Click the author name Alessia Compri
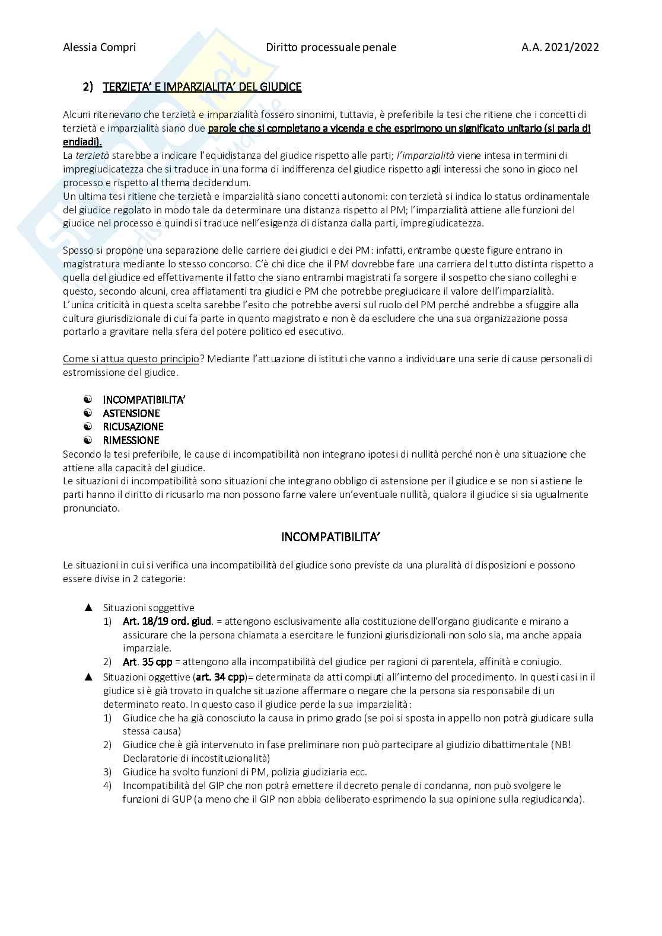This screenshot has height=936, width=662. [99, 47]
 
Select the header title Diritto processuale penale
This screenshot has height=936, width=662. [331, 47]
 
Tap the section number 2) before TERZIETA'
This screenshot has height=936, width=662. [88, 87]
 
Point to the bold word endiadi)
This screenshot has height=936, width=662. [82, 142]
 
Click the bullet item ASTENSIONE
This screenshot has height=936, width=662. [131, 413]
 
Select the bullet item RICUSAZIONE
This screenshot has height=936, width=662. [133, 427]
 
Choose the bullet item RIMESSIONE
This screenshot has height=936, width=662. [131, 440]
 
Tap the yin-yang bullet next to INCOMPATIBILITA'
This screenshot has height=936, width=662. [88, 400]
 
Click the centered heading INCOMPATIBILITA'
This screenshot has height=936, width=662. [330, 537]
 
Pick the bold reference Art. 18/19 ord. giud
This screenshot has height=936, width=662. [167, 621]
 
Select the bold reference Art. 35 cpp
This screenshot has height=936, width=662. [148, 662]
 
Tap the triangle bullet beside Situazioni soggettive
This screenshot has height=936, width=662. [88, 608]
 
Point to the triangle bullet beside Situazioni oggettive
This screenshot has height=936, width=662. [88, 677]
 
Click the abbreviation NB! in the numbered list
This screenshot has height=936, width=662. [561, 745]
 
